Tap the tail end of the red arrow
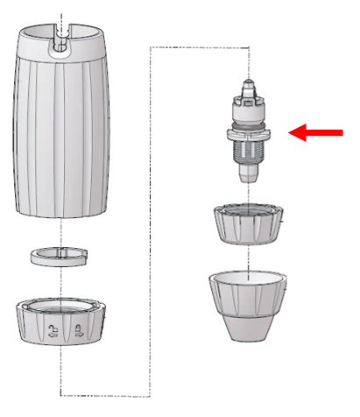pos(342,132)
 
